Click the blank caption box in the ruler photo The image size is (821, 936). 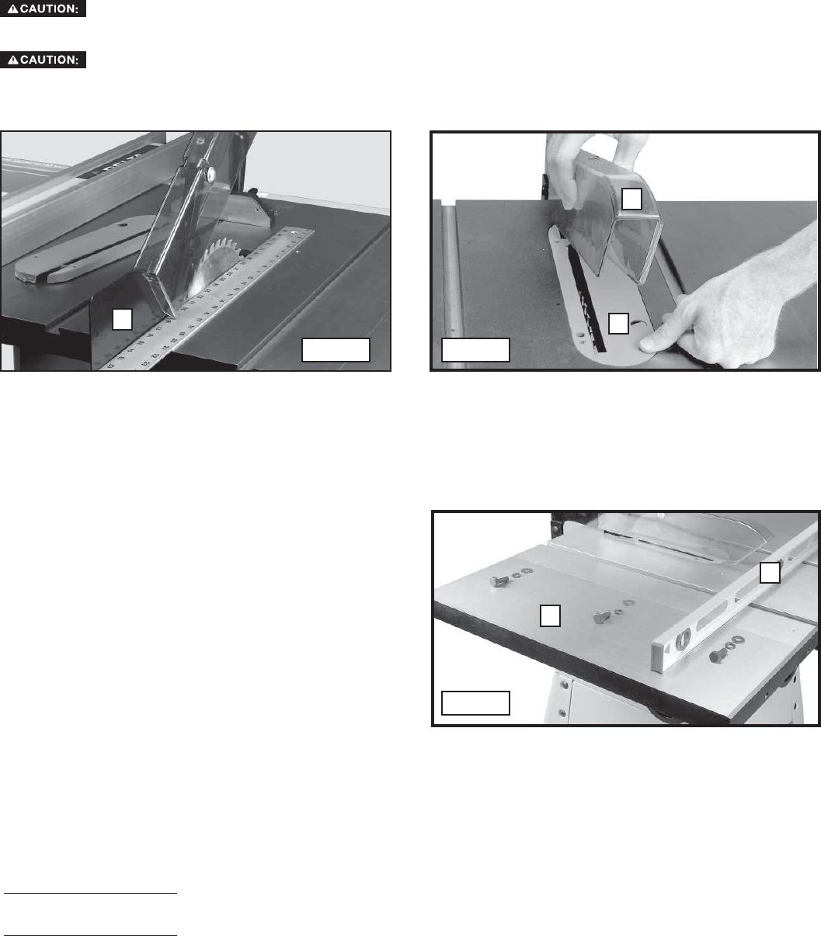(x=336, y=350)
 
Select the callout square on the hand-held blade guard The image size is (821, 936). (x=633, y=199)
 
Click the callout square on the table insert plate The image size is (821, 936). (x=617, y=323)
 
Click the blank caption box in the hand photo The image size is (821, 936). (x=475, y=350)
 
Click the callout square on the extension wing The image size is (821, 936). (x=550, y=615)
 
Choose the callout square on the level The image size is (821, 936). (x=769, y=572)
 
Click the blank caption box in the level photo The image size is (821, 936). (x=475, y=702)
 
